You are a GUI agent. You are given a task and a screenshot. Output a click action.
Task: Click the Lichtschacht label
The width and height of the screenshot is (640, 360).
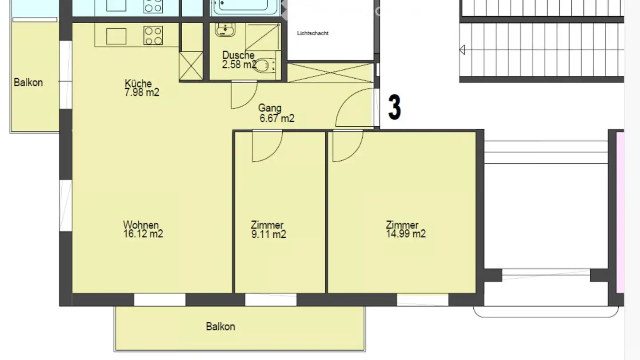tap(312, 33)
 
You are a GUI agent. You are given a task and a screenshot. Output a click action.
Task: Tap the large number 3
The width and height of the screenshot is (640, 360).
tap(395, 107)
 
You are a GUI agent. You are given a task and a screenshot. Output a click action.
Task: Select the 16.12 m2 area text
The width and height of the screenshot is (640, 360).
tap(143, 234)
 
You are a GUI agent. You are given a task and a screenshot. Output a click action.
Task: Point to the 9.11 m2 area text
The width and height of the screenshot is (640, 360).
tap(268, 235)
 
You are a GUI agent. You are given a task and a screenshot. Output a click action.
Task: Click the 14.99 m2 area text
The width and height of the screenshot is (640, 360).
tap(406, 234)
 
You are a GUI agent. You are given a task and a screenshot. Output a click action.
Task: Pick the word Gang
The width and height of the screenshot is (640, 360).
tap(270, 108)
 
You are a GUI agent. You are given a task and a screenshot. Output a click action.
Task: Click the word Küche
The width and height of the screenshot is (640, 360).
tap(138, 84)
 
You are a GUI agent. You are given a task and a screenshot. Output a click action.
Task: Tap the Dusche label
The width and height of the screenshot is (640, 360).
tap(238, 55)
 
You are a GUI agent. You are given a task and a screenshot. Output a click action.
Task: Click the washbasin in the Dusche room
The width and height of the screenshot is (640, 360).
tap(225, 29)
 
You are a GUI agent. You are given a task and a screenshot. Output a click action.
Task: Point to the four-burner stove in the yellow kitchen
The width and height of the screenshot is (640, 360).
tap(153, 36)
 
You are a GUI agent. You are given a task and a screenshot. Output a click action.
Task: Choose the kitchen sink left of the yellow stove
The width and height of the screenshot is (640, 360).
tap(116, 36)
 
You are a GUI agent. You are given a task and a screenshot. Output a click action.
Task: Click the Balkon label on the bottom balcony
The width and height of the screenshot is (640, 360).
tap(220, 327)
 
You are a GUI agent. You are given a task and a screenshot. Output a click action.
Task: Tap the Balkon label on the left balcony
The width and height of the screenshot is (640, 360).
tap(28, 83)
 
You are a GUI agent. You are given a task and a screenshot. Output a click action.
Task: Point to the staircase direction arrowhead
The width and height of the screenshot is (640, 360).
tap(462, 50)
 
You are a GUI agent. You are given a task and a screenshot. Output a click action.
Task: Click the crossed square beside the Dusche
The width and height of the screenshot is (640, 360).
tap(191, 66)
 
